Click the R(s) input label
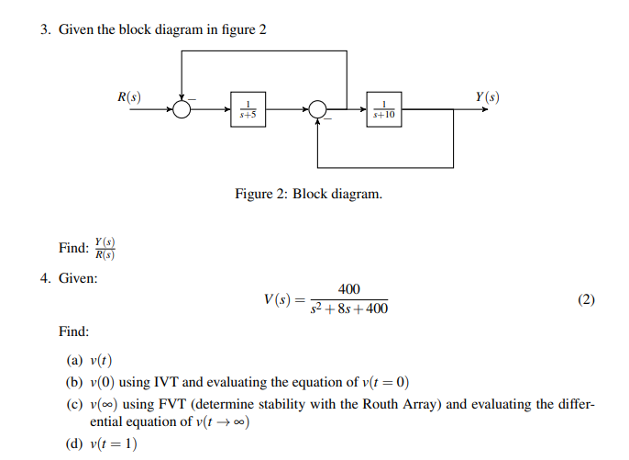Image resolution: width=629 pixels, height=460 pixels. coord(129,95)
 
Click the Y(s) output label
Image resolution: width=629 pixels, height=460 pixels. coord(488,96)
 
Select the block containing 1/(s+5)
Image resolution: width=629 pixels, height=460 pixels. coord(247,109)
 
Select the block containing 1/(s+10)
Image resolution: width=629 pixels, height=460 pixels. coord(385,109)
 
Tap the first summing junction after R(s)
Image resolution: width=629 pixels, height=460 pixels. coord(182,109)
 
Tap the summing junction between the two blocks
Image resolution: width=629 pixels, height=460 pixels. coord(318,109)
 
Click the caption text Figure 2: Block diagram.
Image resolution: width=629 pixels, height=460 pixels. coord(308,195)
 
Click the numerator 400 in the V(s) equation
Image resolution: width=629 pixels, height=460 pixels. coord(348,289)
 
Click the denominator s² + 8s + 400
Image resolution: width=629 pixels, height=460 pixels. coord(349,309)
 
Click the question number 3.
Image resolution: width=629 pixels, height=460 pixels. coord(44,29)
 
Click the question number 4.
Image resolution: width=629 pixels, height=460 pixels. coord(44,277)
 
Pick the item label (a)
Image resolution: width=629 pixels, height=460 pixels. coord(73,360)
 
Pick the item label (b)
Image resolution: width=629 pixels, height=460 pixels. coord(73,382)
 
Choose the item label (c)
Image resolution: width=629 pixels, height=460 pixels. coord(73,404)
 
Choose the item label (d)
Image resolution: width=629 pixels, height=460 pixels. coord(73,444)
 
